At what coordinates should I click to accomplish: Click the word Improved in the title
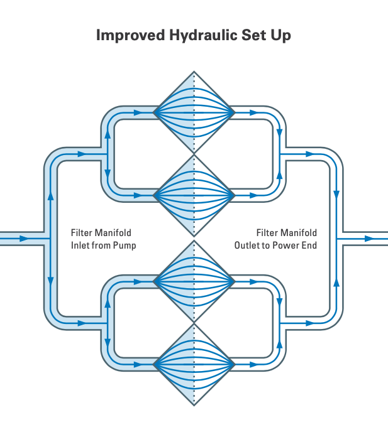click(x=130, y=36)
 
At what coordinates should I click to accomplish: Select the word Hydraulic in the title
click(x=203, y=35)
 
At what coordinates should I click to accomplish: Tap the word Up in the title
click(x=280, y=36)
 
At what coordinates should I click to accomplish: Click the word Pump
click(x=125, y=246)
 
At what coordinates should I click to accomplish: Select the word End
click(x=309, y=245)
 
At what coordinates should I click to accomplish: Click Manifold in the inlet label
click(x=113, y=233)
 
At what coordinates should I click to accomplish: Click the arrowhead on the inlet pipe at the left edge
click(x=24, y=239)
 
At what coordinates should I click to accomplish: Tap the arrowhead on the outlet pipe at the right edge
click(x=369, y=239)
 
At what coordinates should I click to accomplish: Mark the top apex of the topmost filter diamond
click(x=194, y=72)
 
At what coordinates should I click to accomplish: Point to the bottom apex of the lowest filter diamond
click(x=194, y=406)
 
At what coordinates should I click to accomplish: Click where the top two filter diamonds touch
click(x=194, y=154)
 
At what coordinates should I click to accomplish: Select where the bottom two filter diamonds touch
click(x=194, y=323)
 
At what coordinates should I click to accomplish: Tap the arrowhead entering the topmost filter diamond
click(x=138, y=113)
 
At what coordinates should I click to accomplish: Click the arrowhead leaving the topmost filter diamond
click(x=254, y=113)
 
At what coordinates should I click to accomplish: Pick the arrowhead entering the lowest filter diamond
click(x=138, y=365)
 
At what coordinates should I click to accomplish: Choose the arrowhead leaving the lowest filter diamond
click(x=254, y=365)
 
